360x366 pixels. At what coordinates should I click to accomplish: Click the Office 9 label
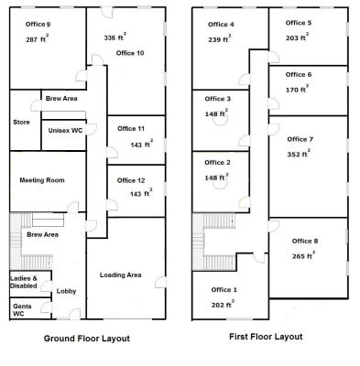click(38, 25)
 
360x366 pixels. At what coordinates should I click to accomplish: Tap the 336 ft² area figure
click(115, 37)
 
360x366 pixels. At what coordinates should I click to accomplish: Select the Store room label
click(21, 123)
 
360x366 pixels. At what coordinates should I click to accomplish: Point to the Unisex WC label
click(65, 131)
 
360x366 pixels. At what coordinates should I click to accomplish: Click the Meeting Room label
click(42, 180)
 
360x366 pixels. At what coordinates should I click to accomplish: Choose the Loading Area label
click(120, 275)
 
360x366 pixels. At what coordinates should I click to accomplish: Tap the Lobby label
click(66, 291)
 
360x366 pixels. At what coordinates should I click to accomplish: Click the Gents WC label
click(22, 310)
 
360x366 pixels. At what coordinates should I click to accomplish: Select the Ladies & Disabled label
click(24, 282)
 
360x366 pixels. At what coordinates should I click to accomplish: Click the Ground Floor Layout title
click(87, 339)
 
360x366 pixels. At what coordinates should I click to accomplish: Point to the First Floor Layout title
click(266, 337)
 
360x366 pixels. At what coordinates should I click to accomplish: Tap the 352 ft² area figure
click(299, 154)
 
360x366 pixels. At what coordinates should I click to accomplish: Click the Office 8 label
click(305, 242)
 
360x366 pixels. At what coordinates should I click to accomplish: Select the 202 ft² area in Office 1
click(223, 304)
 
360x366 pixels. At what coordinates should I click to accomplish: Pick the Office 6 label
click(299, 75)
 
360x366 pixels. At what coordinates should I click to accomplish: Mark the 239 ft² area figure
click(220, 38)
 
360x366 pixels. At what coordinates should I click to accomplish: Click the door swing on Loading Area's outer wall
click(160, 283)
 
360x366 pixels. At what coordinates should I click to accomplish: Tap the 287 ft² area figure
click(38, 38)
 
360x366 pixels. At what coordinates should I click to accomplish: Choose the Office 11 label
click(131, 129)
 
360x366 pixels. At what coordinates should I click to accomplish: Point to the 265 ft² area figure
click(303, 255)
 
